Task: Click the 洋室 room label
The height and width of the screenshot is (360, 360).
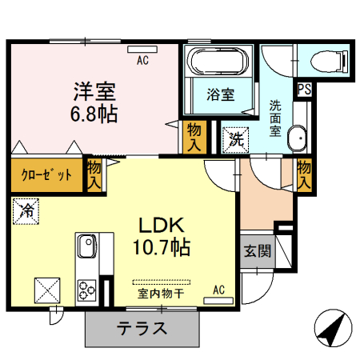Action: [x=94, y=90]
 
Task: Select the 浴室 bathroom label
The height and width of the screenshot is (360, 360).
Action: [x=220, y=94]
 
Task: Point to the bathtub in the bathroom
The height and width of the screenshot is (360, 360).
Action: [x=218, y=62]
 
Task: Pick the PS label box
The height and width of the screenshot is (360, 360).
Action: [x=304, y=90]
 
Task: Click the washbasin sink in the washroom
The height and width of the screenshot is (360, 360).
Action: [x=296, y=138]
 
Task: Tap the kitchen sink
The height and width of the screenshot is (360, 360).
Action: [x=86, y=243]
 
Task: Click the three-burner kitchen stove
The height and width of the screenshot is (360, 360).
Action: [x=87, y=288]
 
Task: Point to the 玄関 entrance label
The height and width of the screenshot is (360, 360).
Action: [x=257, y=250]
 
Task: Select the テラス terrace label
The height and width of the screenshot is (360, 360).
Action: [x=142, y=328]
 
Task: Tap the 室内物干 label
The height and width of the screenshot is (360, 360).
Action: [x=162, y=294]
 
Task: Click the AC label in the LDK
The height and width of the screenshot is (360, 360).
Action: [x=218, y=289]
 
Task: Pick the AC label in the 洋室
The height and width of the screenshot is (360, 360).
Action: [x=142, y=59]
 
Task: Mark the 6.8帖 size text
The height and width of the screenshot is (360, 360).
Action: [x=94, y=114]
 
